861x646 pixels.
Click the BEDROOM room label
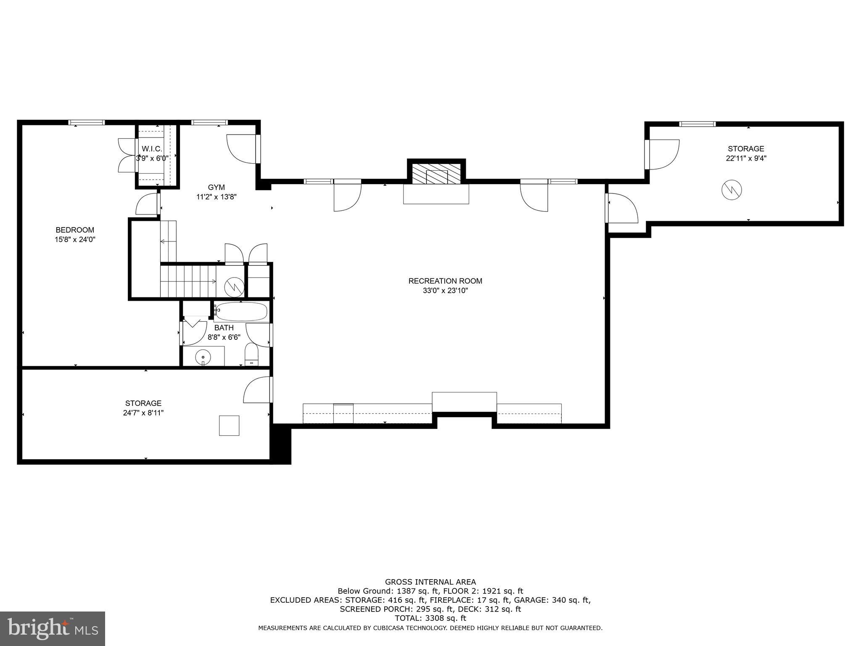point(75,230)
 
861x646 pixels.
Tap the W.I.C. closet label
point(152,149)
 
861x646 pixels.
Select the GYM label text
point(216,187)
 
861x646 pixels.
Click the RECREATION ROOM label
point(445,281)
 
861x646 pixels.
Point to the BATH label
point(224,328)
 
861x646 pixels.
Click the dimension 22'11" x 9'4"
point(746,159)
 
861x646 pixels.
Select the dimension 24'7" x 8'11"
point(143,413)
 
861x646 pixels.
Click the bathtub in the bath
point(240,312)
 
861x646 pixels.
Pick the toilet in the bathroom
point(251,355)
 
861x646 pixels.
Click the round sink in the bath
point(203,357)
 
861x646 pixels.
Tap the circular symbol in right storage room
point(732,190)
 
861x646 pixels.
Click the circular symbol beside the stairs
point(234,287)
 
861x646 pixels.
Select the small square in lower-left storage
point(229,425)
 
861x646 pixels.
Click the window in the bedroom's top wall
point(87,122)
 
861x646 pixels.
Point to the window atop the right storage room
point(697,124)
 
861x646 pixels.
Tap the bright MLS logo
point(53,628)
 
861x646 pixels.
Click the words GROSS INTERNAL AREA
point(430,582)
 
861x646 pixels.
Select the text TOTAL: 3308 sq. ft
point(430,618)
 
